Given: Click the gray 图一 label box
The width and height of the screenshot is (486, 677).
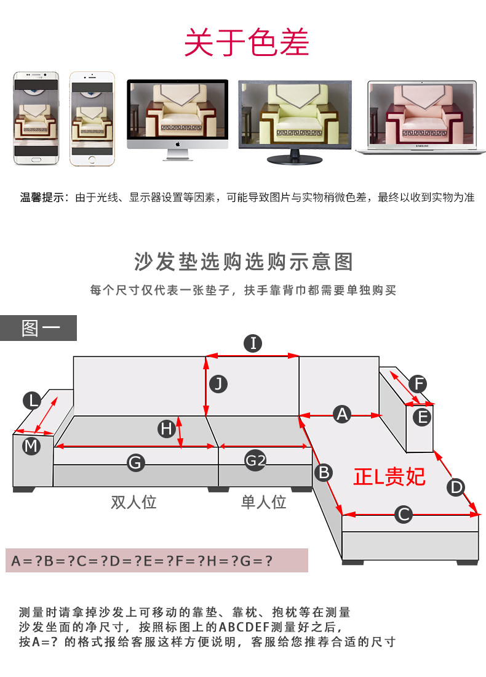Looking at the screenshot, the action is (x=39, y=328).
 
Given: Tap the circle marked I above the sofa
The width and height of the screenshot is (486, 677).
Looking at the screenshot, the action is (x=253, y=343).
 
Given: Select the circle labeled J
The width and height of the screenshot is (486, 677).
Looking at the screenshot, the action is (x=218, y=384).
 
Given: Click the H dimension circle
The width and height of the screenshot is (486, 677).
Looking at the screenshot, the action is (x=165, y=428).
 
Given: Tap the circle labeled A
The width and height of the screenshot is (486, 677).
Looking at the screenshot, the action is (x=342, y=415).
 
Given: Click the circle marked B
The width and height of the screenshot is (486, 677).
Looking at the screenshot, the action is (x=323, y=473).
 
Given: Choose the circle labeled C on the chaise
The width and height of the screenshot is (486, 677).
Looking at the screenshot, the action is (x=402, y=514).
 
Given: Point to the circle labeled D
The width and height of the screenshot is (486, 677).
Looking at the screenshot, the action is (x=455, y=487).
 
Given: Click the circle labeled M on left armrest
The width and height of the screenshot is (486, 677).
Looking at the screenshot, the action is (x=31, y=445).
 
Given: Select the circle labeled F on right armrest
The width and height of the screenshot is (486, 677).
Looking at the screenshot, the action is (x=417, y=385).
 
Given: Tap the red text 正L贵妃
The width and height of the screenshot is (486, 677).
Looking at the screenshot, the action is (x=389, y=476).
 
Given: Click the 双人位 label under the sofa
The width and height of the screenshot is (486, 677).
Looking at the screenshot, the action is (x=133, y=502).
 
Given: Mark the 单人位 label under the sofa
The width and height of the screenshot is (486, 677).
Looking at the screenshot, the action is (x=263, y=502).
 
